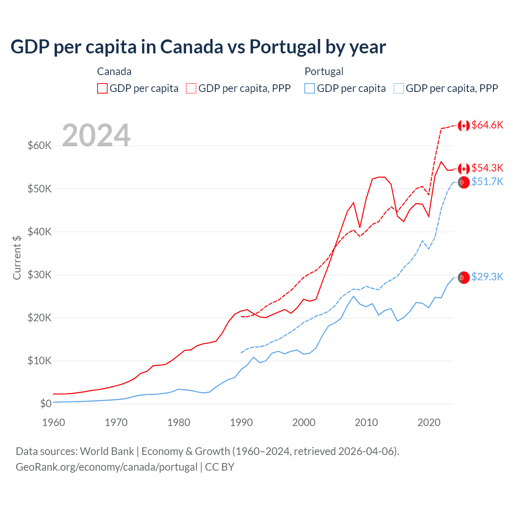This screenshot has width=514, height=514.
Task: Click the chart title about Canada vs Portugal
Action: [198, 47]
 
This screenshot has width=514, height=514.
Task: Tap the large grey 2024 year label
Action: [96, 135]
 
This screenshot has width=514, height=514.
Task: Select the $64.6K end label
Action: [487, 125]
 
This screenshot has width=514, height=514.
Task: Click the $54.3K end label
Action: [487, 168]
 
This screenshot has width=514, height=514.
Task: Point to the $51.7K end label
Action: [487, 182]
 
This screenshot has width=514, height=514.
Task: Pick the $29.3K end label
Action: [487, 277]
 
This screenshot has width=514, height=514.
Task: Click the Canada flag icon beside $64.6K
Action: [464, 126]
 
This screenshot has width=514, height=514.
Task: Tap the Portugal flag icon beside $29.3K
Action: [464, 277]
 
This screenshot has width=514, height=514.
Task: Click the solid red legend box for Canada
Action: [102, 88]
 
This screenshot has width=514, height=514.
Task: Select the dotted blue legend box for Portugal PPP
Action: [398, 88]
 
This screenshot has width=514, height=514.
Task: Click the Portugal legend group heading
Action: [324, 71]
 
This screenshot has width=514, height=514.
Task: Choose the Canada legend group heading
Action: [114, 71]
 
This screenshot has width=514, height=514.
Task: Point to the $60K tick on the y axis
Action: [39, 145]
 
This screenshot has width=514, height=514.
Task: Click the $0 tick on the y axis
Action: [46, 404]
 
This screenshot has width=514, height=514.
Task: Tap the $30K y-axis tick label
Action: [39, 275]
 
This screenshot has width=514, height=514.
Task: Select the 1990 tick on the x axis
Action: [241, 422]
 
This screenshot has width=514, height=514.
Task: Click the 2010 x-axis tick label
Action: [366, 422]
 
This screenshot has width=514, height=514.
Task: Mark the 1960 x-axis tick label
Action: [53, 422]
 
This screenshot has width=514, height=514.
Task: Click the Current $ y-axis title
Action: [17, 257]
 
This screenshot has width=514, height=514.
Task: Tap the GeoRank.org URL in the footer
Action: [106, 467]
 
